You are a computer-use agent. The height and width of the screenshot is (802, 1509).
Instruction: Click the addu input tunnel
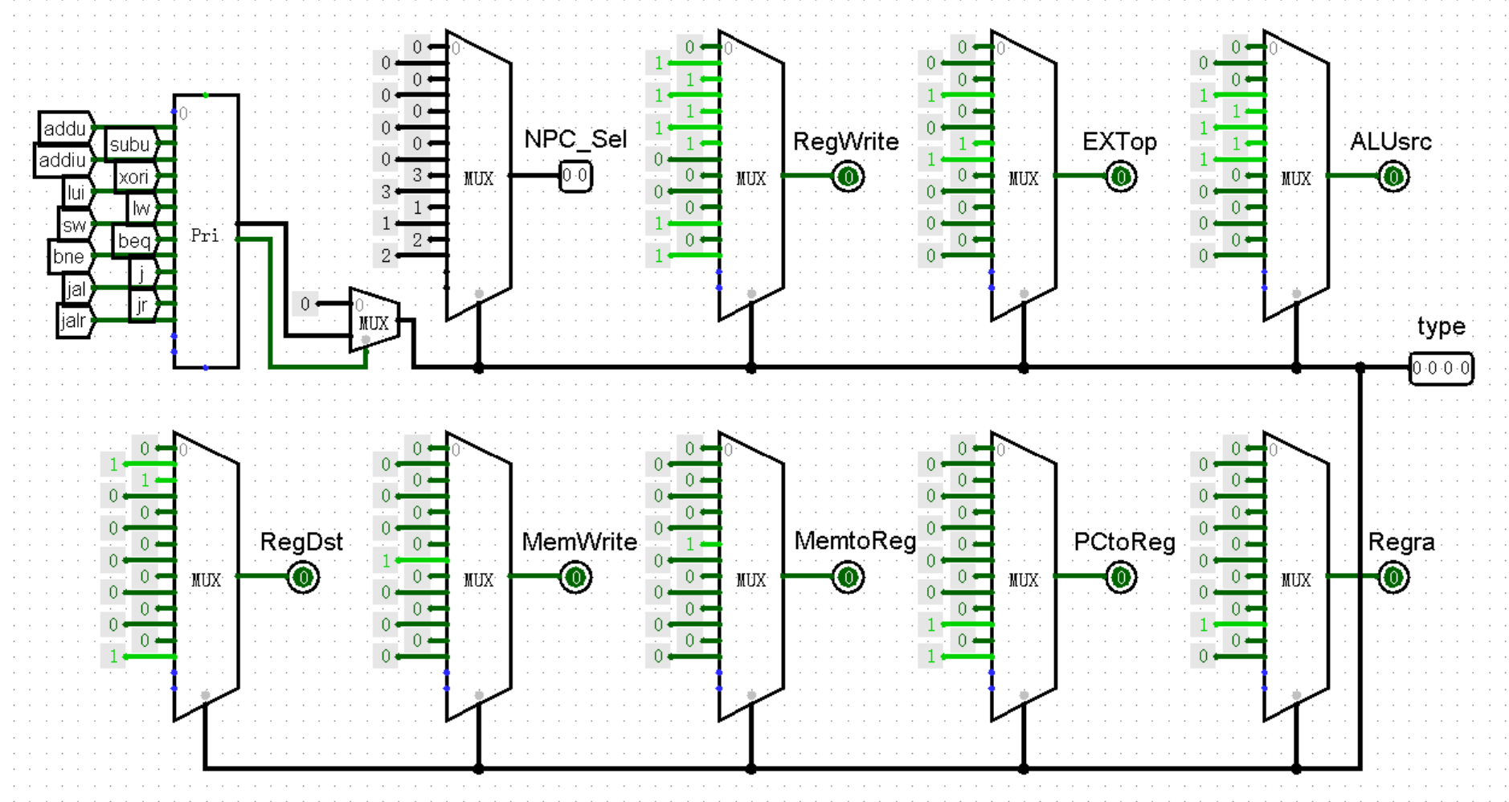click(64, 128)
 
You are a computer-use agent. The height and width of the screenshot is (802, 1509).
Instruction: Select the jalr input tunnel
click(72, 321)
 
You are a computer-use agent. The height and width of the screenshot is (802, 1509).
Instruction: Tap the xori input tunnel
click(133, 176)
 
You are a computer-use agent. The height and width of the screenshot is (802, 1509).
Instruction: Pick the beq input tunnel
click(133, 240)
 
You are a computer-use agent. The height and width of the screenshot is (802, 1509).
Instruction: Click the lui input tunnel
click(76, 192)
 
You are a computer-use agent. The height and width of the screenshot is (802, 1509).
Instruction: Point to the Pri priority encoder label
click(204, 235)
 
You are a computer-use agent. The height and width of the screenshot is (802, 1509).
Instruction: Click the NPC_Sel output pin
click(575, 176)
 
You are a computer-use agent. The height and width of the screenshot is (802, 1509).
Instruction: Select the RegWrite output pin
click(848, 176)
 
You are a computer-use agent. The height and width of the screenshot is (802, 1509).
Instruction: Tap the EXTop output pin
click(1121, 176)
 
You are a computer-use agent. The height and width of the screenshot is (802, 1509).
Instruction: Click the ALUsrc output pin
click(1393, 176)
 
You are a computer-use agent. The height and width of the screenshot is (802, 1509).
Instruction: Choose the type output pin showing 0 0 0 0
click(1441, 368)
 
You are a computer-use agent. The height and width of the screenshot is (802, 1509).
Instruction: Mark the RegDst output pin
click(303, 577)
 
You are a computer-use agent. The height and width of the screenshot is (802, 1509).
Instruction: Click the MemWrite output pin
click(575, 577)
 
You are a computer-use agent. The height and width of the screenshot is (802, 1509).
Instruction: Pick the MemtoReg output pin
click(848, 577)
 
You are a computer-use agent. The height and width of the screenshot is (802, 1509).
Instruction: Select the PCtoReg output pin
click(1121, 577)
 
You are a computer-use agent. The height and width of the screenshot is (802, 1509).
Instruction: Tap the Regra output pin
click(1393, 577)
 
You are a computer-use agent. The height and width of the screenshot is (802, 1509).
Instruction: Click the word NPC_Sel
click(575, 139)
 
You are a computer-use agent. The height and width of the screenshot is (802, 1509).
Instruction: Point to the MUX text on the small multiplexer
click(374, 323)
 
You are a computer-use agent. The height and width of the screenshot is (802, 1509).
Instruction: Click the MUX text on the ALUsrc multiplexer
click(1295, 178)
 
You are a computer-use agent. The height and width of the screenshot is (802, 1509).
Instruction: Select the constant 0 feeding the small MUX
click(305, 304)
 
